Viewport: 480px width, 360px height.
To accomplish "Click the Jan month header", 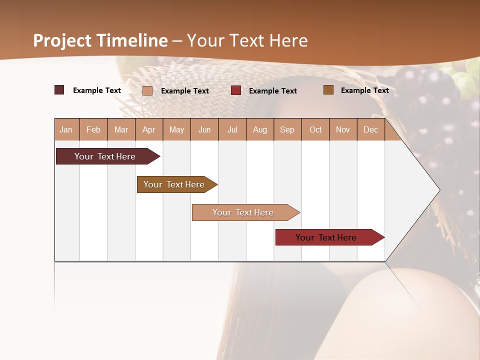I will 66,129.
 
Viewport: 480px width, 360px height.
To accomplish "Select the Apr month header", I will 149,129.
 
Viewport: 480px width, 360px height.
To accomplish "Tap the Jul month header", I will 232,129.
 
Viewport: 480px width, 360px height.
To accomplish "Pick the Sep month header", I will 287,129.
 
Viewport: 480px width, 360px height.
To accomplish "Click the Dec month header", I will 370,129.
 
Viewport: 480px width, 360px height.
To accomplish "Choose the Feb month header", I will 93,129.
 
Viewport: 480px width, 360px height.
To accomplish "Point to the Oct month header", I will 315,129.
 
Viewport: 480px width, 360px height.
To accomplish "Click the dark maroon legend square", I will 59,90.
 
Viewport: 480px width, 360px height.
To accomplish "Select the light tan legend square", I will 147,90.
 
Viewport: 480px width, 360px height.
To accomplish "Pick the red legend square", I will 236,90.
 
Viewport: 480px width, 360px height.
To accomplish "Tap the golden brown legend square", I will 328,90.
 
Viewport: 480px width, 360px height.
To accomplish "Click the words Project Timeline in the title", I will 100,40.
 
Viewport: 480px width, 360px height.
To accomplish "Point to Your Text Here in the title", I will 247,40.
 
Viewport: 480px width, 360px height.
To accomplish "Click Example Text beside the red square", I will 273,90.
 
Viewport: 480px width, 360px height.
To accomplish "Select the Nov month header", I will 343,129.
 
